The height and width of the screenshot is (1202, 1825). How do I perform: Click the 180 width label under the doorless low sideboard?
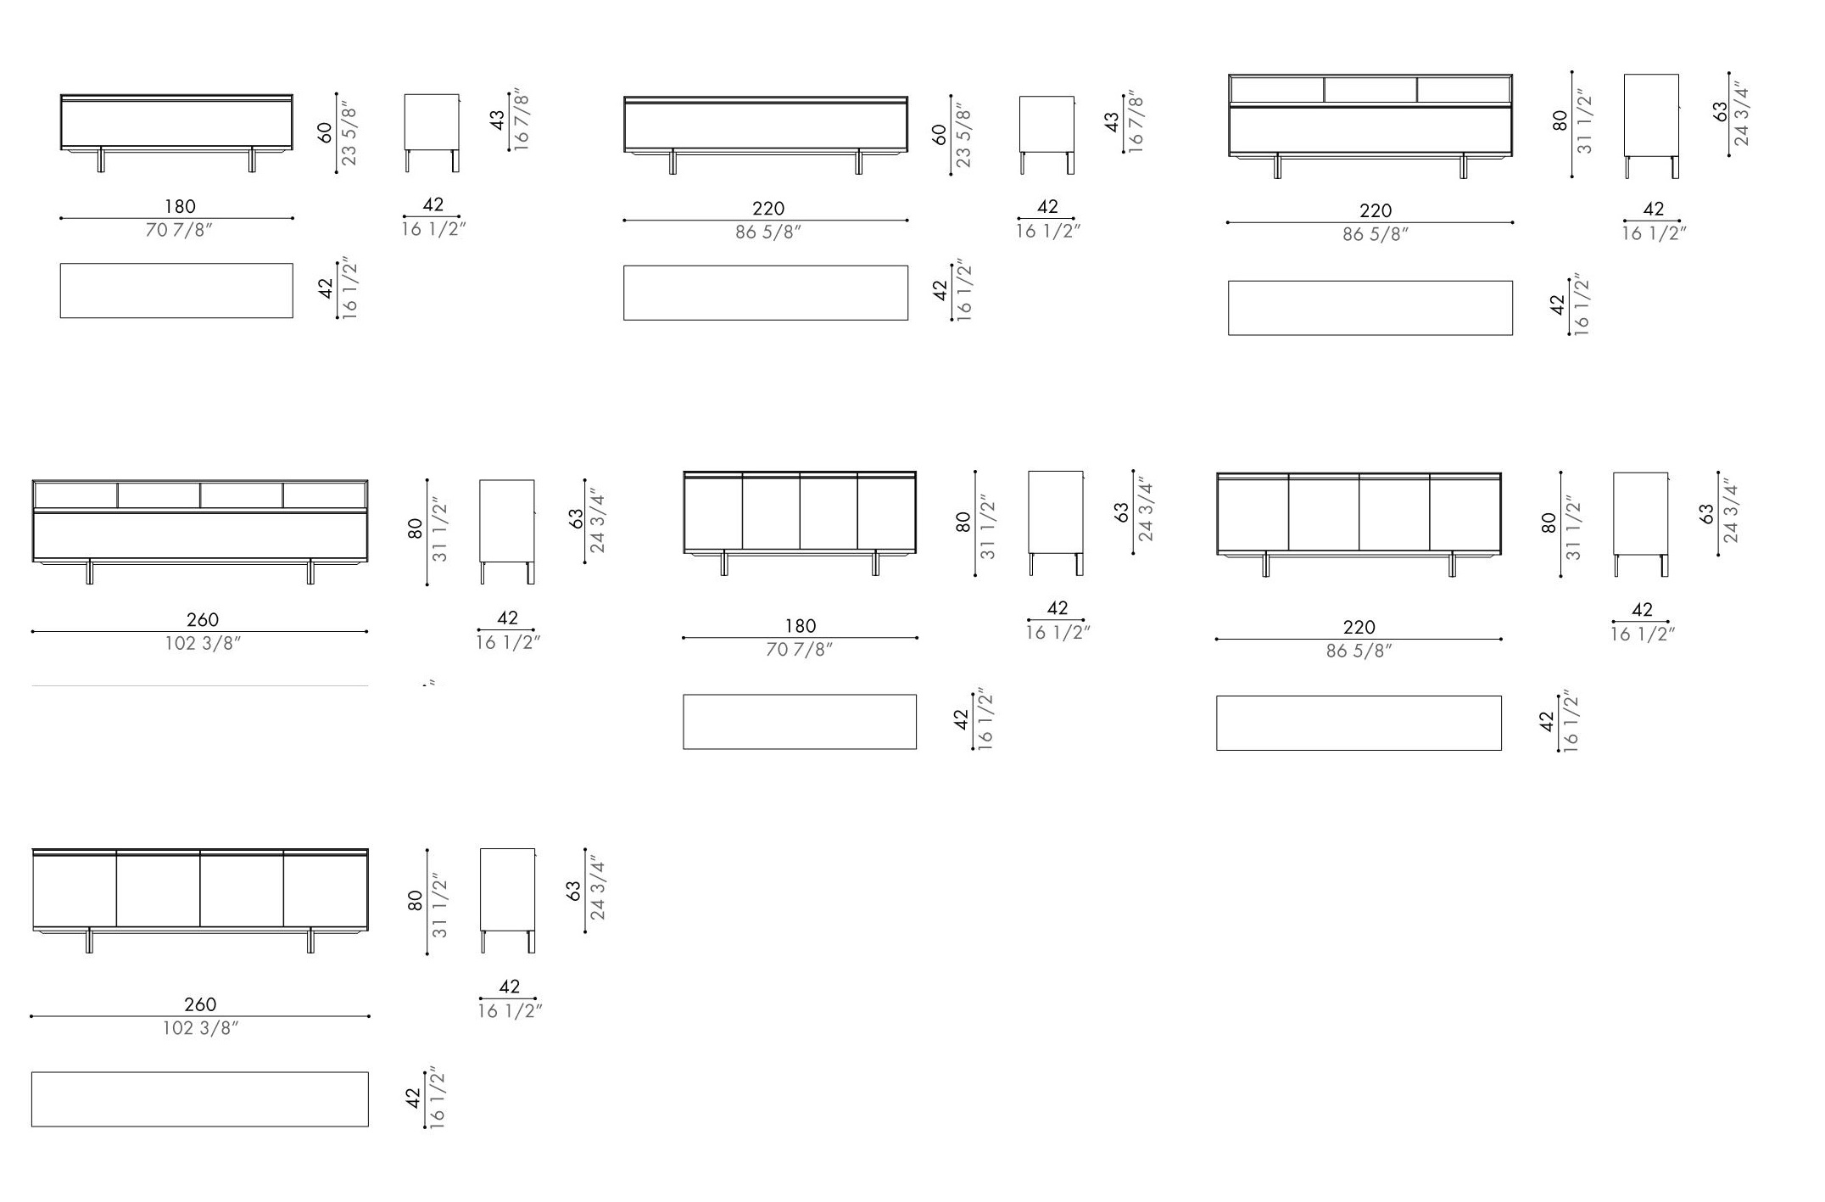(180, 206)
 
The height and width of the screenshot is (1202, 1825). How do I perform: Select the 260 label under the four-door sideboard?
(200, 1004)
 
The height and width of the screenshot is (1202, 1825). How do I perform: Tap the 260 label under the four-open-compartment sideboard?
(203, 620)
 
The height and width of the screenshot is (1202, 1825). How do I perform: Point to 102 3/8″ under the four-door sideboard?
(201, 1028)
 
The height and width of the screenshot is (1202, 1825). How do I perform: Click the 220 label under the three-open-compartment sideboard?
(1376, 210)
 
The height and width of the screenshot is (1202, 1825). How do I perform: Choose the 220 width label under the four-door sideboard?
(1359, 627)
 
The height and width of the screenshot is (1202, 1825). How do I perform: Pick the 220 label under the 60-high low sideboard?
(768, 208)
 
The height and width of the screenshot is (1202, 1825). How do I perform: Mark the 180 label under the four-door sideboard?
(801, 626)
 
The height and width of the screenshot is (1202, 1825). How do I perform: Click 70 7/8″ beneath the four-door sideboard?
(800, 650)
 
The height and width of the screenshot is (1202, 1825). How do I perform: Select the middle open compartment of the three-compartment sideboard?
(1370, 90)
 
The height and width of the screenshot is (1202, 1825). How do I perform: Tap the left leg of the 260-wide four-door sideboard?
(89, 940)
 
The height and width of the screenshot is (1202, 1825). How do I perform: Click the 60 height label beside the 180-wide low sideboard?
(326, 132)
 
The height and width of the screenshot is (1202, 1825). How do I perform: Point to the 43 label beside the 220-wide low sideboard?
(1112, 123)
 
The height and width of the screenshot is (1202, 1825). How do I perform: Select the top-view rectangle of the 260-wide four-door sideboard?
(200, 1099)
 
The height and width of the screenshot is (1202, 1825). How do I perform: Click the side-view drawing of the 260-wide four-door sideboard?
(508, 900)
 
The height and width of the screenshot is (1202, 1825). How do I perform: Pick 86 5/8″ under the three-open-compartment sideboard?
(1376, 234)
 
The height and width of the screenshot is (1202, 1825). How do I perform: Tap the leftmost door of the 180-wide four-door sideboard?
(713, 512)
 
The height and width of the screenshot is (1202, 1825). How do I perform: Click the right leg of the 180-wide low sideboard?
(252, 159)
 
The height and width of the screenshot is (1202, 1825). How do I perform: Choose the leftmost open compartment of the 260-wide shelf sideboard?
(75, 495)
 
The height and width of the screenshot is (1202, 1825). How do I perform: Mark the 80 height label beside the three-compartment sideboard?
(1560, 120)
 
